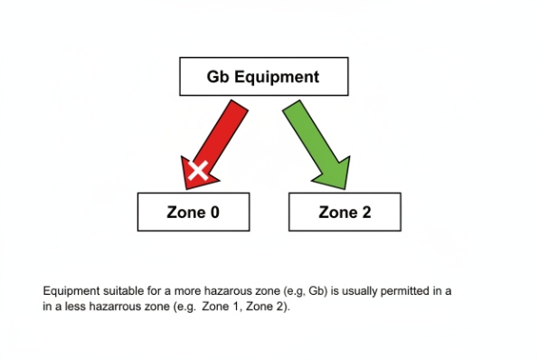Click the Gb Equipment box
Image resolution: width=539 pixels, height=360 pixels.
pos(263,77)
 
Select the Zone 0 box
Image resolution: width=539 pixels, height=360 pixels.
pos(193,213)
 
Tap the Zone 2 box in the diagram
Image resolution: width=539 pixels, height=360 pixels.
pos(345,213)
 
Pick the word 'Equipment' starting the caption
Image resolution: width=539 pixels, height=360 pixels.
pos(67,290)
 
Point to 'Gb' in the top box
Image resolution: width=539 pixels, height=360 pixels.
pos(220,77)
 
